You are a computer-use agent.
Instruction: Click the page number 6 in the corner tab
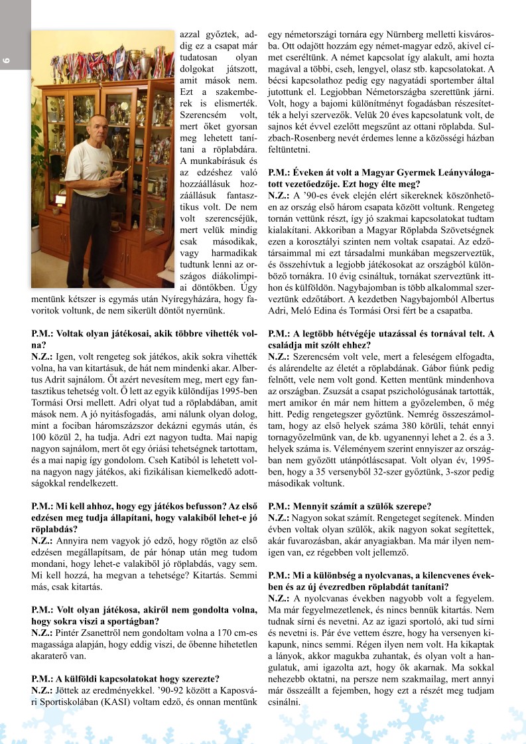point(7,61)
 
